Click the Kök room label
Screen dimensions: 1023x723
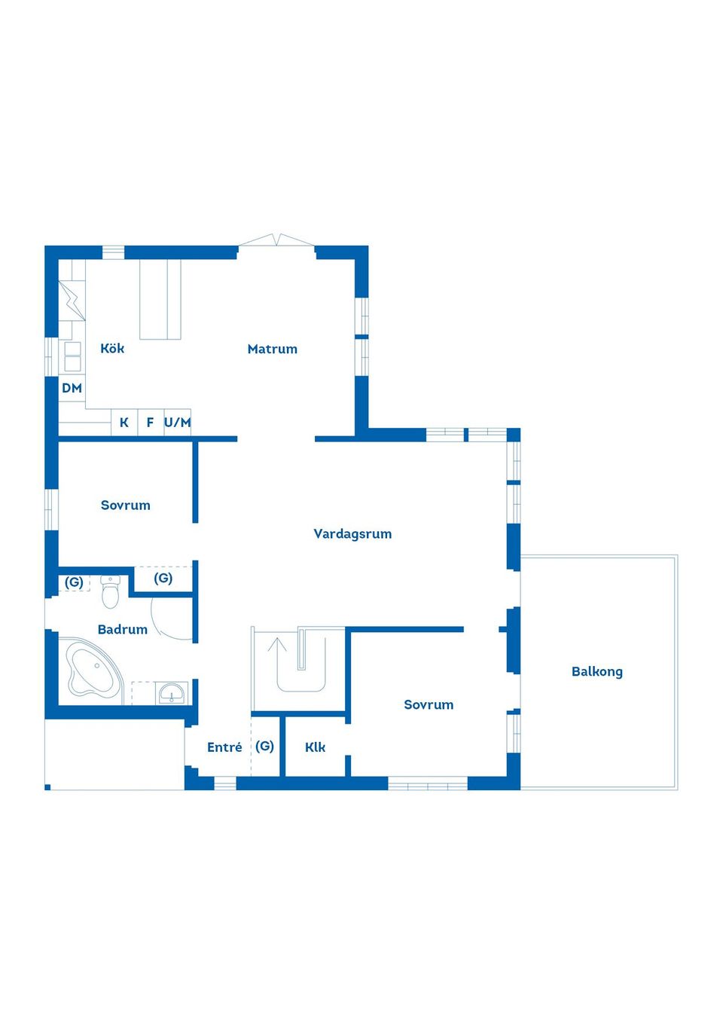[112, 349]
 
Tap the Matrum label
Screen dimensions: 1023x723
[272, 349]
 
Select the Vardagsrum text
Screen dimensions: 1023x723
[352, 534]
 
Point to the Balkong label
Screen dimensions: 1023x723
[596, 671]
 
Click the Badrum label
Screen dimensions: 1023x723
[122, 630]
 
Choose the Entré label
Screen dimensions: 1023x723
[224, 747]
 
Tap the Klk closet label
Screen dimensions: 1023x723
[315, 747]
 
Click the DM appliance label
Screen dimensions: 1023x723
[72, 389]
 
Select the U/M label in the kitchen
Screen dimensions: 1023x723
[178, 423]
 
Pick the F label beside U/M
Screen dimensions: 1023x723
[150, 423]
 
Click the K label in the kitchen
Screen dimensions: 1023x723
[124, 423]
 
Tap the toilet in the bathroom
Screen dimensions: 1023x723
[111, 592]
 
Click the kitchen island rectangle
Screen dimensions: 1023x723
[160, 300]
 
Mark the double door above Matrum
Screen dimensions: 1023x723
[276, 241]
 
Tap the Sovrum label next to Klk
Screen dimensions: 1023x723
[429, 705]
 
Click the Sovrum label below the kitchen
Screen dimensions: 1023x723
[126, 505]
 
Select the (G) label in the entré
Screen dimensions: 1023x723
[264, 746]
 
